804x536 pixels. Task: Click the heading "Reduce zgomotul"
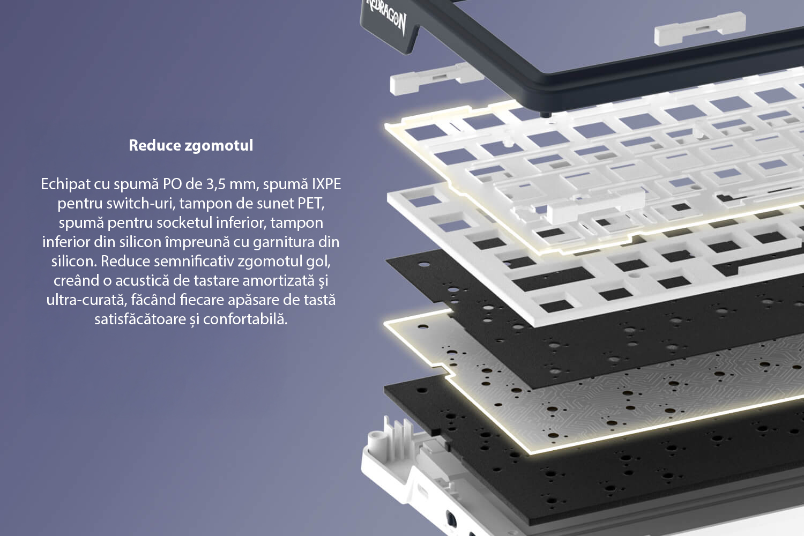pos(191,145)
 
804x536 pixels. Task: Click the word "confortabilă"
pos(245,319)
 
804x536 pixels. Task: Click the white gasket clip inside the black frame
pos(700,29)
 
